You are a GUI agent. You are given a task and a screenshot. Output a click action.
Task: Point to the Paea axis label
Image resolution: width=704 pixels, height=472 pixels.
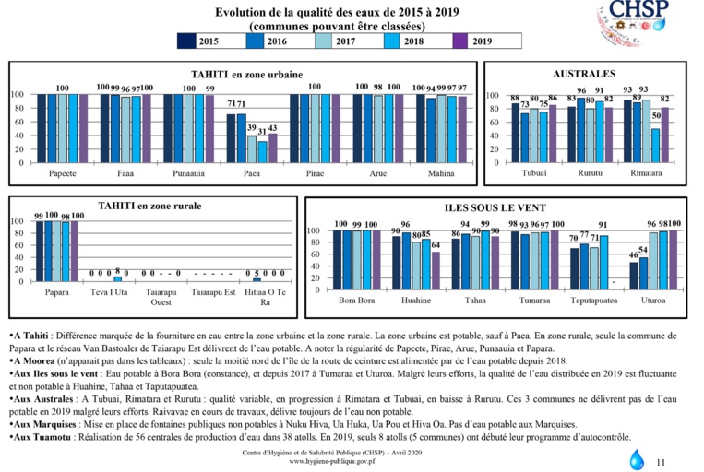click(252, 173)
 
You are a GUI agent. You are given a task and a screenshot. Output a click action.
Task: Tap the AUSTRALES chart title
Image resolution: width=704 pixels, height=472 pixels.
click(583, 73)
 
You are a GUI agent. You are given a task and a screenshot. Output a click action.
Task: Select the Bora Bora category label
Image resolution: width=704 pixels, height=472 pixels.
click(355, 301)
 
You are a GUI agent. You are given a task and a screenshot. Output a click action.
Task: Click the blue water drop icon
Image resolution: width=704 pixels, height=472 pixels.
click(638, 458)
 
